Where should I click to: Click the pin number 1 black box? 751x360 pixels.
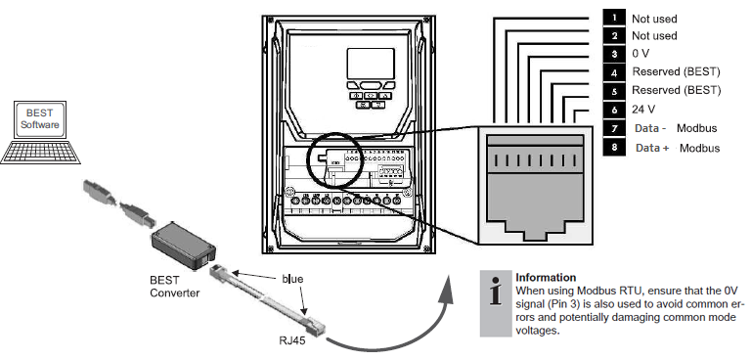coord(613,18)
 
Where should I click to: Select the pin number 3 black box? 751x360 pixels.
coord(613,54)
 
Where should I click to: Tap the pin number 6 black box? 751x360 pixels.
coord(613,110)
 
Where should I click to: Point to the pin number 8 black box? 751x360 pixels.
coord(613,148)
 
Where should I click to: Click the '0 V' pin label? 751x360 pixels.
coord(642,54)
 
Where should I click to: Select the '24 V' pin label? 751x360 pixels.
coord(645,110)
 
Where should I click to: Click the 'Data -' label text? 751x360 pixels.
coord(651,129)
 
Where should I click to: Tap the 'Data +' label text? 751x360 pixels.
coord(652,148)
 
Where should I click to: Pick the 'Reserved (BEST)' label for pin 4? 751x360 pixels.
coord(676,72)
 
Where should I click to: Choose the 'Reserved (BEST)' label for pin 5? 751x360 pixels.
coord(676,91)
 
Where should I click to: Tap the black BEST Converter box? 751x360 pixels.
coord(181,241)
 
